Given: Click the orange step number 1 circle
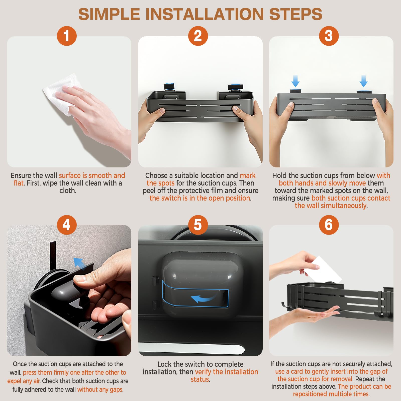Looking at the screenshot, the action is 67,36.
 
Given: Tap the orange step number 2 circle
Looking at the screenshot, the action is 198,36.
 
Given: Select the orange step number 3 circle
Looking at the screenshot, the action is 329,36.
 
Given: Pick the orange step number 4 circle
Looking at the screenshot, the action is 67,225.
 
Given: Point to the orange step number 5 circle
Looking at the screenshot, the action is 198,225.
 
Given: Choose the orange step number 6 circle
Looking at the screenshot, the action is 329,225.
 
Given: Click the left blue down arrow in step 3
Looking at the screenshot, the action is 295,81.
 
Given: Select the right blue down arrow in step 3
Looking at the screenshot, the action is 363,81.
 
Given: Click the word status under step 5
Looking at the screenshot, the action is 200,379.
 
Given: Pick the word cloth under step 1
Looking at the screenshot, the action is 68,191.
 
